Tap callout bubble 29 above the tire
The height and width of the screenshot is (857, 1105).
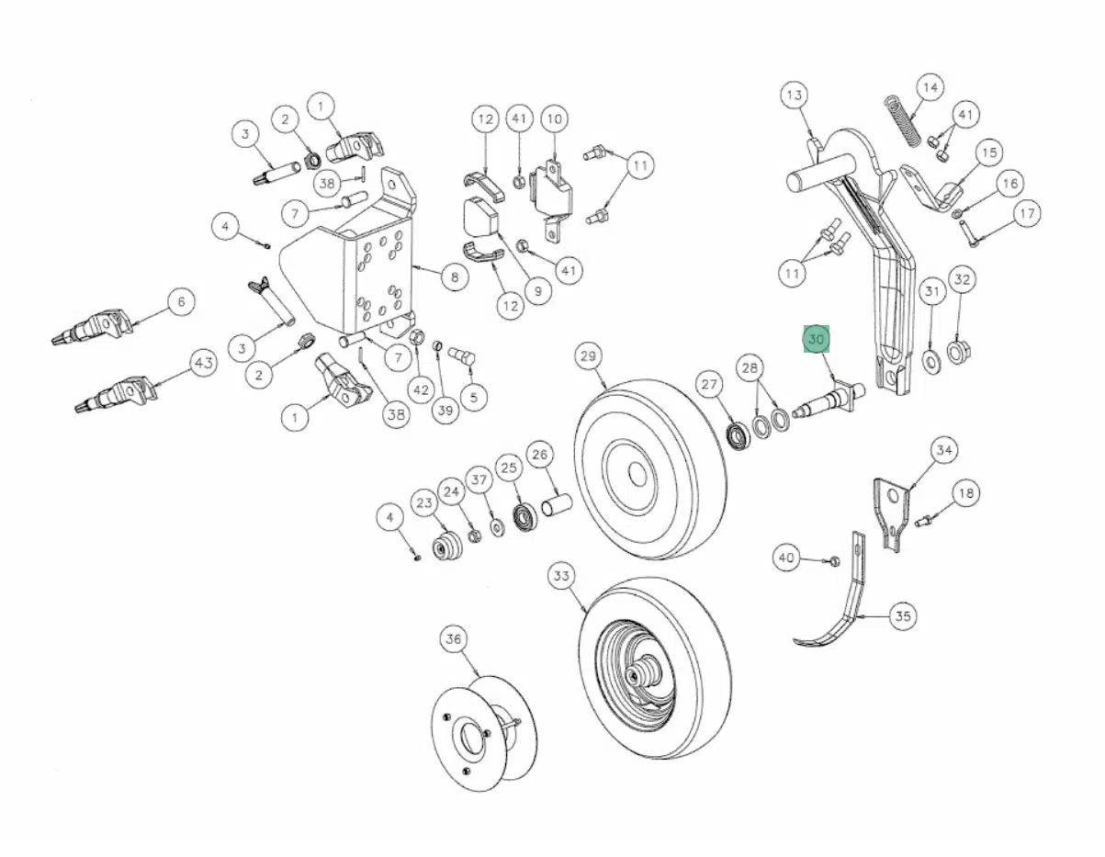click(x=589, y=355)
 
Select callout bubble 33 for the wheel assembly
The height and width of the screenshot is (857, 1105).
click(x=561, y=577)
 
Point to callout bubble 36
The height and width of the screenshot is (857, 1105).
click(x=454, y=638)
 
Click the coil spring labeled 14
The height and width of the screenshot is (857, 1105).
click(x=901, y=119)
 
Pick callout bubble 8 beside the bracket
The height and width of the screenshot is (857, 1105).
click(x=454, y=276)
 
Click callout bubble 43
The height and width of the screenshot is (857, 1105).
click(x=203, y=364)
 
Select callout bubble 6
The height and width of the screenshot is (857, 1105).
click(x=181, y=301)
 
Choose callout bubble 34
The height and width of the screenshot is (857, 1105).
click(x=943, y=450)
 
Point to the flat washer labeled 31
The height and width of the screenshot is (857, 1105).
click(x=930, y=359)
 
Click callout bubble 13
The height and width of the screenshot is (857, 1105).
click(x=795, y=95)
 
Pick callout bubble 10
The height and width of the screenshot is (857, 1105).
click(x=554, y=118)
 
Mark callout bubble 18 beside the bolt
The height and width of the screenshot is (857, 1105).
click(x=965, y=493)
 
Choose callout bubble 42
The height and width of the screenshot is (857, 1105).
click(x=421, y=389)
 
